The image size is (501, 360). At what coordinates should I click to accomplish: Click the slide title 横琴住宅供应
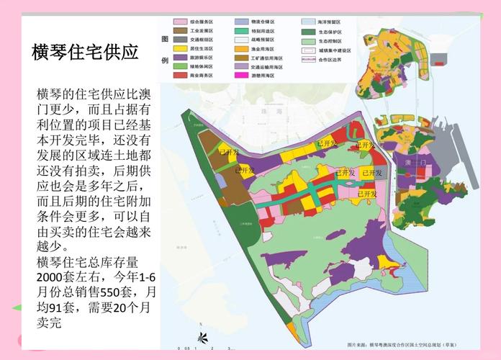[85, 53]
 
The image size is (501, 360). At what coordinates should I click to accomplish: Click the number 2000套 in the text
[54, 277]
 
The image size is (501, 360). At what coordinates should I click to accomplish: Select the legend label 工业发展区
[201, 32]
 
